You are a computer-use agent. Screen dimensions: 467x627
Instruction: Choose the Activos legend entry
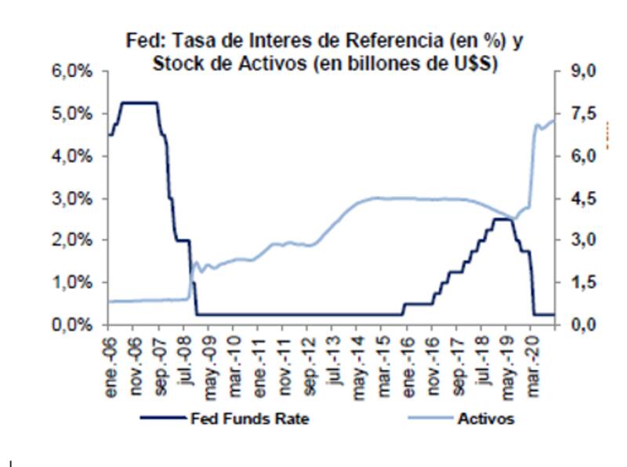487,419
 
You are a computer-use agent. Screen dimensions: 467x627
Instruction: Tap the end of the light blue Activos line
554,119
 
